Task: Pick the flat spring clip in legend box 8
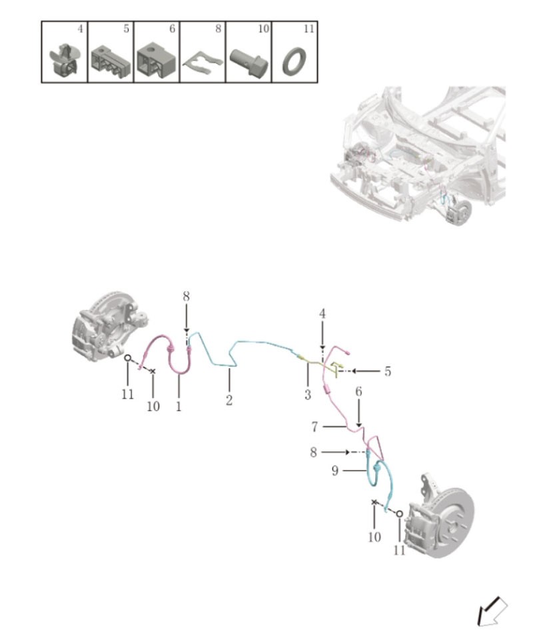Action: (201, 63)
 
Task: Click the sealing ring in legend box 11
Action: (293, 62)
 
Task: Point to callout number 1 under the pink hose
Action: (179, 406)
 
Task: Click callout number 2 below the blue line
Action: (229, 401)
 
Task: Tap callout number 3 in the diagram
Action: (307, 395)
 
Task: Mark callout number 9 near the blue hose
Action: (335, 470)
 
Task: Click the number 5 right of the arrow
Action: (387, 371)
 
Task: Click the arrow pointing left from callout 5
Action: (364, 371)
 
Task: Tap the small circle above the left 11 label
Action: (127, 358)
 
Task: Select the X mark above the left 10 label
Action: (153, 371)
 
